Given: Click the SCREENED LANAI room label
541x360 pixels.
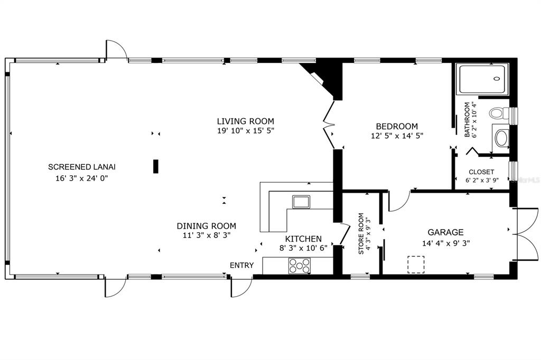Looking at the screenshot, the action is point(82,167).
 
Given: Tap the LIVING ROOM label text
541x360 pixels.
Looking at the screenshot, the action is point(245,121).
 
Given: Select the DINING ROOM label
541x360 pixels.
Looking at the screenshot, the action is point(207,226).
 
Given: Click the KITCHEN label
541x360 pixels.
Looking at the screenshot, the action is point(303,239).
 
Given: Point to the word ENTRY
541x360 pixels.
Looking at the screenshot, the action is point(242,265).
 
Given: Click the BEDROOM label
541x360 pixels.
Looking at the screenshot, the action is point(397,126).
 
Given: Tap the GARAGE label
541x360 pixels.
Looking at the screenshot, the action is point(445,232).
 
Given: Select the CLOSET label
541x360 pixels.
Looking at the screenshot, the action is point(481,172).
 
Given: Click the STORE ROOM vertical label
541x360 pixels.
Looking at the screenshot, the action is point(361,234).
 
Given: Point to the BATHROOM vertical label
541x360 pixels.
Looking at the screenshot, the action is point(467,120).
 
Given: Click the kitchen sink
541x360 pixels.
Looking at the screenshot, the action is point(301,202).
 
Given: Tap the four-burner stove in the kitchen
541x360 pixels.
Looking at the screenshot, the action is point(300,266).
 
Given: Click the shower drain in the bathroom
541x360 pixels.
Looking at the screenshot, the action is point(497,79).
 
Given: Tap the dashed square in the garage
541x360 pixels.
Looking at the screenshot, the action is point(416,264).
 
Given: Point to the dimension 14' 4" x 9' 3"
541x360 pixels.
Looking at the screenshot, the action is point(446,243).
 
